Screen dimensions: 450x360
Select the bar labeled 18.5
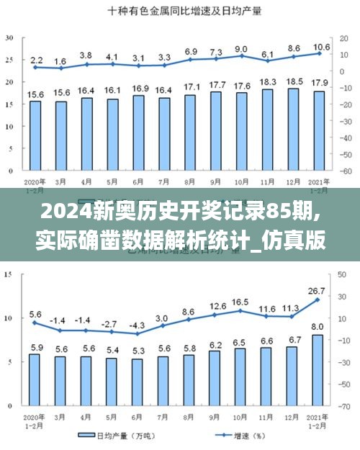pos(294,130)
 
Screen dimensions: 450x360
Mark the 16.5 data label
pos(241,302)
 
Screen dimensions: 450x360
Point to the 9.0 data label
pos(241,49)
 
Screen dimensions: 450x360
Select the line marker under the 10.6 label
pos(319,53)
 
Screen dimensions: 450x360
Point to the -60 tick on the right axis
pos(346,171)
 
